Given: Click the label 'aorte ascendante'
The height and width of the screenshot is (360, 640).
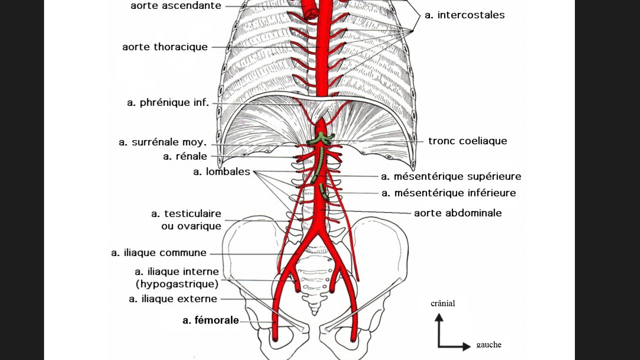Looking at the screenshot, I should click(176, 6).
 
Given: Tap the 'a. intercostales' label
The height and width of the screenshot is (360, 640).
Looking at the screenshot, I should click(465, 15).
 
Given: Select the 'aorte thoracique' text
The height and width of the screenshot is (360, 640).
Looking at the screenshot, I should click(165, 47).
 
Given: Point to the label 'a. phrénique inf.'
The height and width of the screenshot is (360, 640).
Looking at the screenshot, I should click(168, 103).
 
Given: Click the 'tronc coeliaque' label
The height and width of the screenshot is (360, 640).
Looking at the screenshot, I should click(468, 141).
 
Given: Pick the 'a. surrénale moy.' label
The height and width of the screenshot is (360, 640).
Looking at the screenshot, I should click(163, 142).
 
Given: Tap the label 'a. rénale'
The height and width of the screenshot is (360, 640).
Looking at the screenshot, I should click(185, 157).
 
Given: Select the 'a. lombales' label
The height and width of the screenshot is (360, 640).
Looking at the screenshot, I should click(222, 172).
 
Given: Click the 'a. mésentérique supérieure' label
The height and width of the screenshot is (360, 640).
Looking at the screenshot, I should click(451, 177).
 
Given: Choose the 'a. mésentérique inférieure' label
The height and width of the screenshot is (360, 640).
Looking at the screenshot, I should click(449, 193).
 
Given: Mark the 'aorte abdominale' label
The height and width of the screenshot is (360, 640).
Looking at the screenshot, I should click(458, 213).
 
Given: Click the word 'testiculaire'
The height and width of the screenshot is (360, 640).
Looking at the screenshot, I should click(193, 214).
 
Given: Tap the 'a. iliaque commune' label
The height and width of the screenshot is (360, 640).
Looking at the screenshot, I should click(159, 253).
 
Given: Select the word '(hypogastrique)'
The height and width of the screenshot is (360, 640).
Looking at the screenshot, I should click(177, 284).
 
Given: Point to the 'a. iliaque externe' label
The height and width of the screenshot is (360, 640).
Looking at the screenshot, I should click(173, 299).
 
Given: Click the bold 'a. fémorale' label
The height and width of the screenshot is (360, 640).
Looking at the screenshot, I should click(211, 321).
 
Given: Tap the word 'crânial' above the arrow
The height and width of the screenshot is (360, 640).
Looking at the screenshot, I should click(443, 304).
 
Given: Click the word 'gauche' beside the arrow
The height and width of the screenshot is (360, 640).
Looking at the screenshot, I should click(489, 345).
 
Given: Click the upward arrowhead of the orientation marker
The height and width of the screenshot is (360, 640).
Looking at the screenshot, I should click(439, 317).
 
